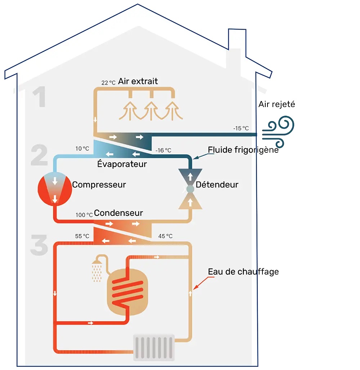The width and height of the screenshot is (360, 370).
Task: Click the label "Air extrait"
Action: [138, 81]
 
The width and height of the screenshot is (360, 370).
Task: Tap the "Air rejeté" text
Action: [276, 104]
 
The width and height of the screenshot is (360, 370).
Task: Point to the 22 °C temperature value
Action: [108, 83]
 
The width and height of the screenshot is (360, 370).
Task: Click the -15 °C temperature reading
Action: [240, 128]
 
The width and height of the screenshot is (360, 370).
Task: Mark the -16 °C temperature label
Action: [163, 150]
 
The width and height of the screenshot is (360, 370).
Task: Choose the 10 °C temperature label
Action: [82, 148]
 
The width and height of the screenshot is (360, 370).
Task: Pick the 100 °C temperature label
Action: [84, 215]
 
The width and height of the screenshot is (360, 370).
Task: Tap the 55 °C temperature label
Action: [82, 236]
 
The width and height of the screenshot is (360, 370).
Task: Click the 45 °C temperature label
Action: [165, 236]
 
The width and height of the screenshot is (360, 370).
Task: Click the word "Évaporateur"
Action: [122, 164]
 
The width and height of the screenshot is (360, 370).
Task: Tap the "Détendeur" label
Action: [217, 185]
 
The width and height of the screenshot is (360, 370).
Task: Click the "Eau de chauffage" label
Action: [243, 271]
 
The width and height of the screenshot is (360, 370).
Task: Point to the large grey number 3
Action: [39, 245]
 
